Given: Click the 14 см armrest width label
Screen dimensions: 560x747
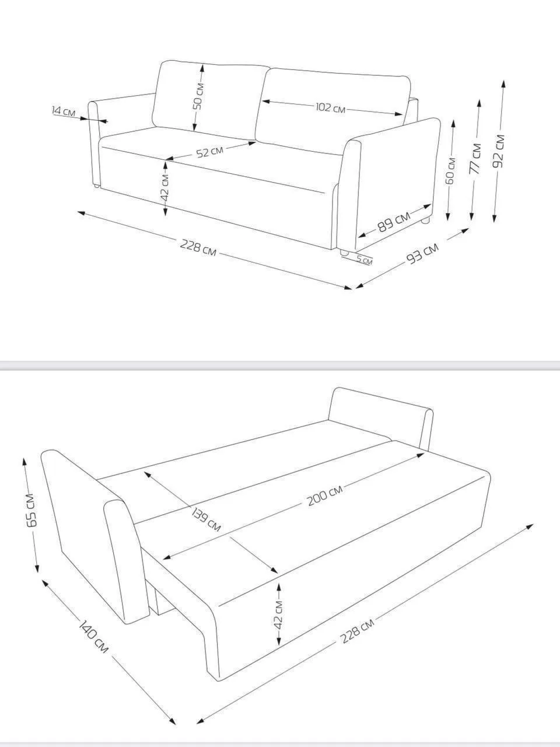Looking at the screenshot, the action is [63, 111].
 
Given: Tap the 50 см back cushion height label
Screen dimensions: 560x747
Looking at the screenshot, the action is [198, 96].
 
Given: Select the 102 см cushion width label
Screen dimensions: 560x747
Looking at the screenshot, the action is [330, 108].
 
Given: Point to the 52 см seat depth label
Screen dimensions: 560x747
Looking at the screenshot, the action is [210, 152].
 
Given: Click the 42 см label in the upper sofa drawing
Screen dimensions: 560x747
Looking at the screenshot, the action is [164, 188].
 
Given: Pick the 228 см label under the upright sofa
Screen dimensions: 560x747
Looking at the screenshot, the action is [198, 247].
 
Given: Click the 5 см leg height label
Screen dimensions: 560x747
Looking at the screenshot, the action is [364, 260].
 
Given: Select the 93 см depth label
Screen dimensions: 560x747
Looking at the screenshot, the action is [423, 253].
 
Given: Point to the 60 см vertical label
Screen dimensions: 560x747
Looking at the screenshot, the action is [450, 170].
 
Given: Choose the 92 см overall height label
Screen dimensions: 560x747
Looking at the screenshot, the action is [499, 151].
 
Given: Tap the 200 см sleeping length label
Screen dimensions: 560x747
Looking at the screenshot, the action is [325, 495].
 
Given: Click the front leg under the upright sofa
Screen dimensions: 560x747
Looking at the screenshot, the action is [344, 253].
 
